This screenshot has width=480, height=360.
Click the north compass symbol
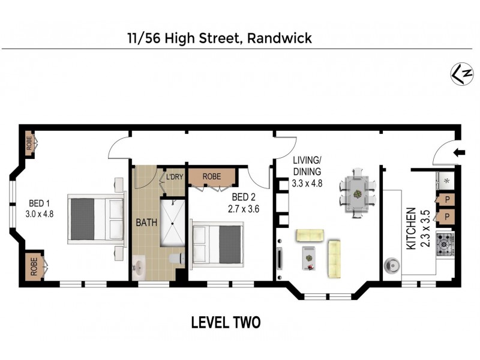tap(459, 73)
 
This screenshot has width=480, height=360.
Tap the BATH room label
tap(146, 222)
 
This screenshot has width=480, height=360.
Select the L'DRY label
tap(174, 177)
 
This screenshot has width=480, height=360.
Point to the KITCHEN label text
tap(411, 229)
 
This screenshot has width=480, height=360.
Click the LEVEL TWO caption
tap(226, 323)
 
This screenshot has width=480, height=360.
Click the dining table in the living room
tap(356, 194)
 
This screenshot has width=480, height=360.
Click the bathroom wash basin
tap(140, 265)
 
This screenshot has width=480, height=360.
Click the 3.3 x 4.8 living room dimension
tap(308, 184)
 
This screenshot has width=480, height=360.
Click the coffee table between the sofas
tap(310, 256)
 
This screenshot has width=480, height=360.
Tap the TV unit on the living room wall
tap(280, 258)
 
